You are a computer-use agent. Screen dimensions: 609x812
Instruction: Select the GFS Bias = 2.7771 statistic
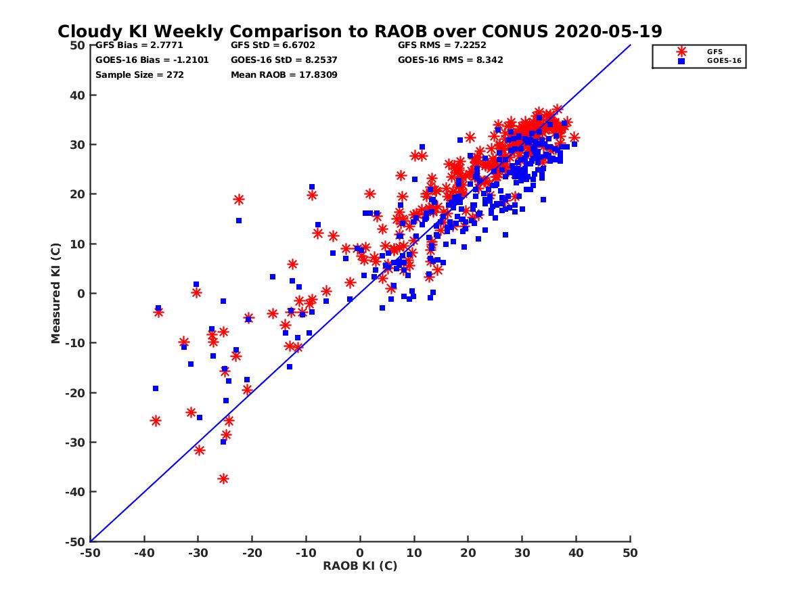[139, 45]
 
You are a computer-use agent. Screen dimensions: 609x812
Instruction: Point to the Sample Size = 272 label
[139, 74]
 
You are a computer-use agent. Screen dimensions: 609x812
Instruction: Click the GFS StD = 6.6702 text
[273, 45]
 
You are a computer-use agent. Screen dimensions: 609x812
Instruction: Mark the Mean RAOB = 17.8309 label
[284, 74]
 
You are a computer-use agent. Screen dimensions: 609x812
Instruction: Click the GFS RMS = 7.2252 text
[442, 45]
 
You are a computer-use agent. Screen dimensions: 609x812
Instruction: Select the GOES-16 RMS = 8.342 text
[450, 60]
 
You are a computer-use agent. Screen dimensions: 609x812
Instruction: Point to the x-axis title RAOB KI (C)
[360, 566]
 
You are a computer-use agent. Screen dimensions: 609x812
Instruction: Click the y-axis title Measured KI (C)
[55, 294]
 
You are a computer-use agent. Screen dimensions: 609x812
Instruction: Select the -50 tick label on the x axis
[90, 553]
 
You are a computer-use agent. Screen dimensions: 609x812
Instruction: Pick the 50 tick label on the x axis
[630, 553]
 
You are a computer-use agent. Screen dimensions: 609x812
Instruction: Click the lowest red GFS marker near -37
[223, 478]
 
